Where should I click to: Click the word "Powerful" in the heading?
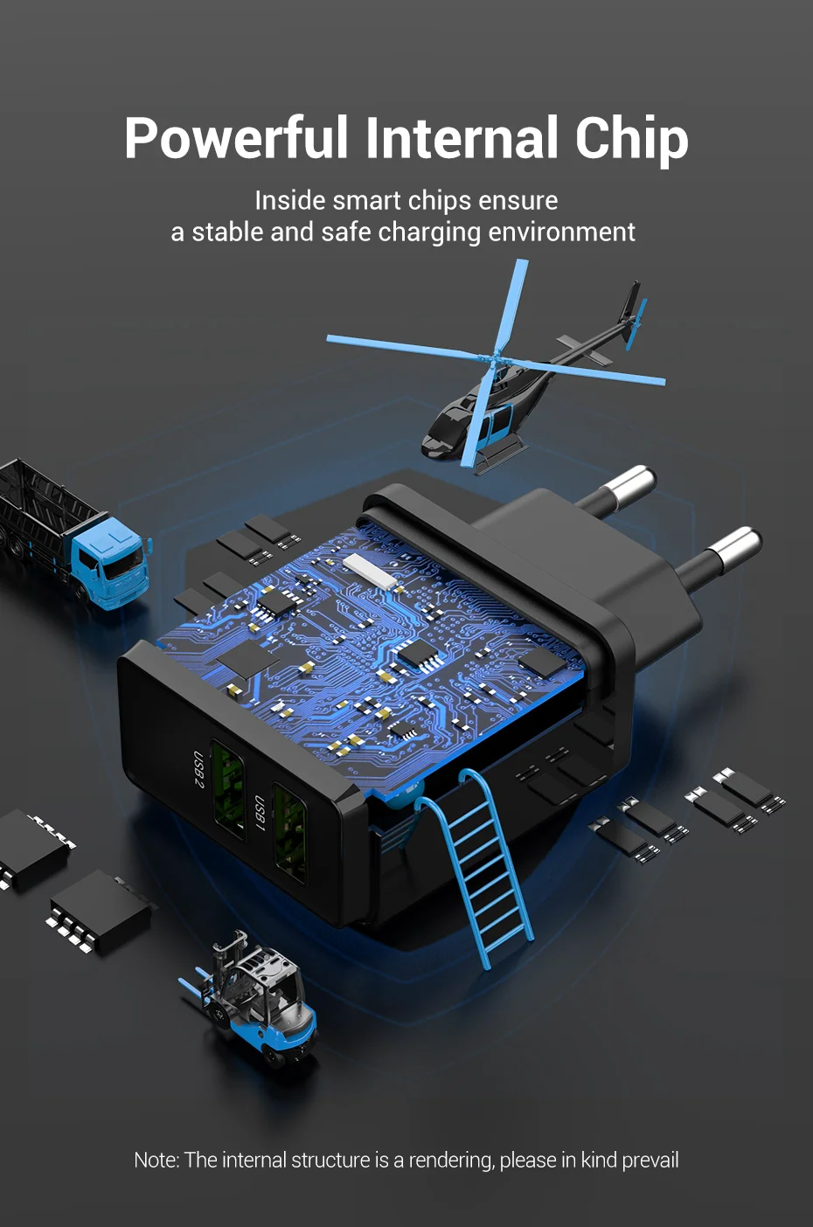point(236,137)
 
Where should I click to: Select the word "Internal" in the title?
point(462,137)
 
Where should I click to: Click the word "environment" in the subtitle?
point(561,232)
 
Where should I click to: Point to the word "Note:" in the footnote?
point(156,1161)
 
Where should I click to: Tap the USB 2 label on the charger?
point(198,769)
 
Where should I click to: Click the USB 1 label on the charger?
point(260,813)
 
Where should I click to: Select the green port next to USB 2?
point(227,789)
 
